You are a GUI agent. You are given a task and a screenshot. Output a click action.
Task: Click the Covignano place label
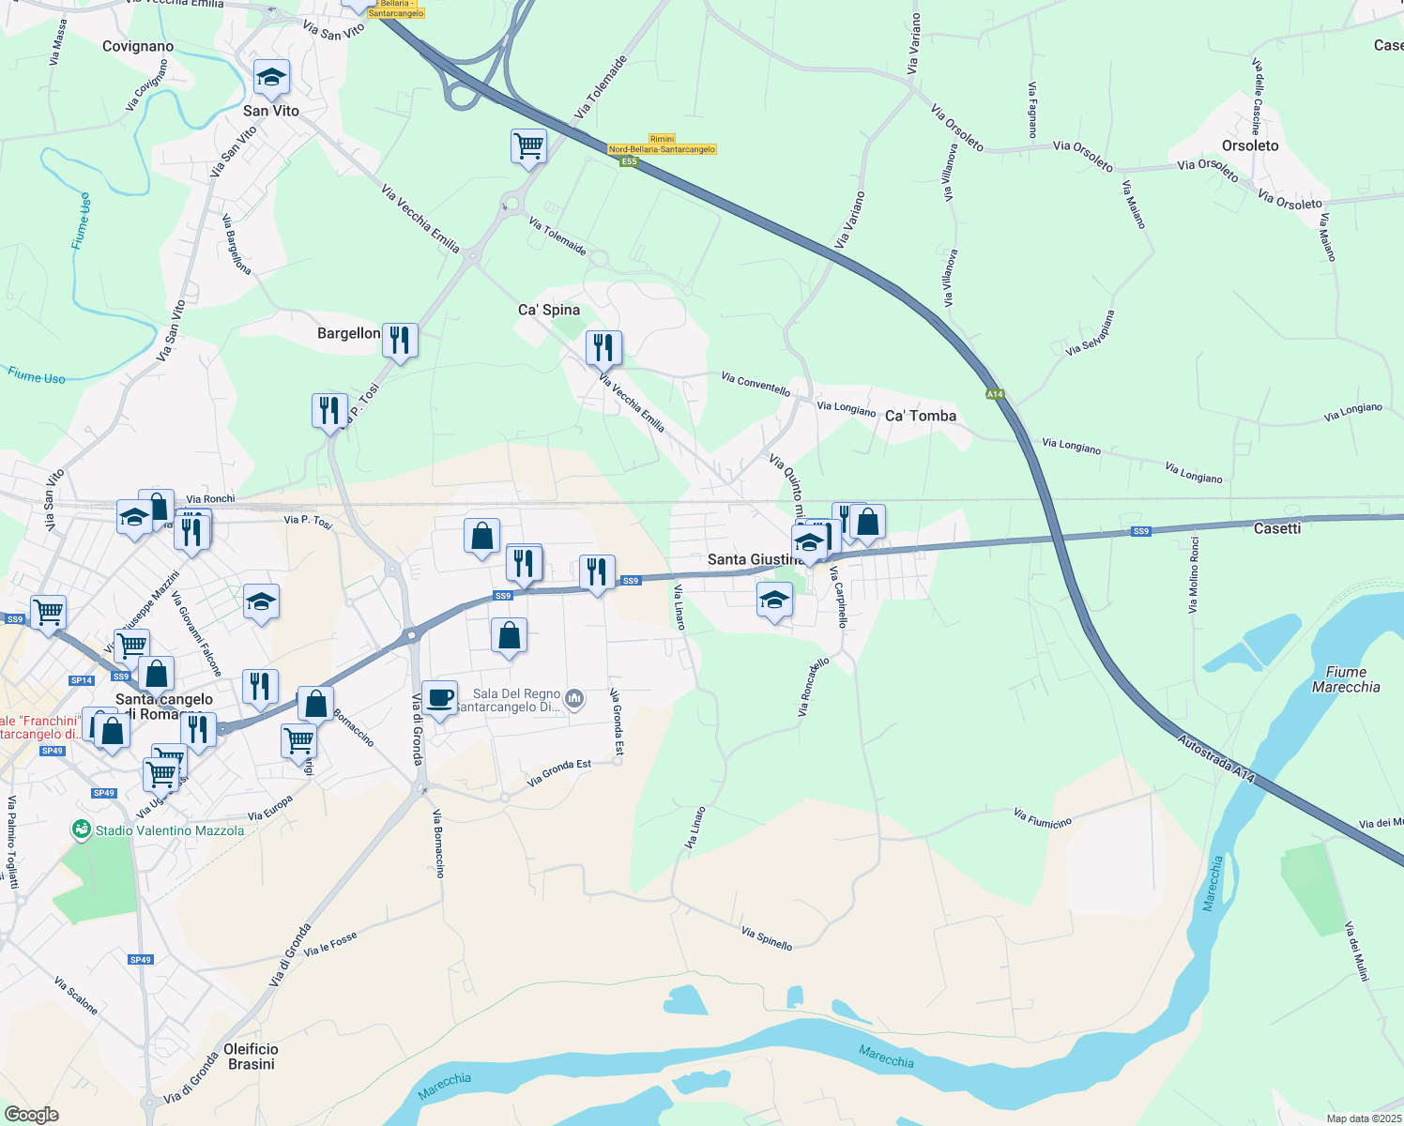click(x=138, y=46)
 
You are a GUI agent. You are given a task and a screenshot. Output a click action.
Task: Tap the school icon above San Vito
click(x=271, y=79)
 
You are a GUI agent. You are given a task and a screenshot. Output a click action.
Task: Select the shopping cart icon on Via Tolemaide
click(x=528, y=146)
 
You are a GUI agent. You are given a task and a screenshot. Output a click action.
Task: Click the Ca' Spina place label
click(x=549, y=310)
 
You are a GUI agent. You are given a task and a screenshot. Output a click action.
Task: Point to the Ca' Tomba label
click(x=921, y=416)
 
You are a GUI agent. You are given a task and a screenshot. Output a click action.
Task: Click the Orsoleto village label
click(x=1250, y=145)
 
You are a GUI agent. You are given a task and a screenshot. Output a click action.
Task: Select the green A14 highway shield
click(x=996, y=394)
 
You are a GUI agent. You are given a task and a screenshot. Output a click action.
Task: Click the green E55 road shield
click(x=629, y=161)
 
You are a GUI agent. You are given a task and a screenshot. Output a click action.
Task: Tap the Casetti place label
click(x=1277, y=528)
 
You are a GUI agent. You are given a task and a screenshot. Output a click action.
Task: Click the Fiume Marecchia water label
click(x=1346, y=679)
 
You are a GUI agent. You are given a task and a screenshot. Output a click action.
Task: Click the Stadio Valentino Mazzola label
click(x=169, y=830)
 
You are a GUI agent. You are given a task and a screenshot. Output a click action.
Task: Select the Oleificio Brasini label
click(x=252, y=1057)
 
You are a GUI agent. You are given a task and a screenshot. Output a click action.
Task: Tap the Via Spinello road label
click(x=767, y=938)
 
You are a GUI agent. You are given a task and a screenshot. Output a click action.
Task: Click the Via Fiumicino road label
click(x=1042, y=818)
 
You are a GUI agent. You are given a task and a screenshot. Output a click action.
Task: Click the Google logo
click(x=32, y=1115)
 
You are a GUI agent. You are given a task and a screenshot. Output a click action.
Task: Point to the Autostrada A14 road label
click(x=1216, y=758)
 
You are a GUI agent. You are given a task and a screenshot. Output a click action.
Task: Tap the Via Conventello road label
click(x=755, y=384)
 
